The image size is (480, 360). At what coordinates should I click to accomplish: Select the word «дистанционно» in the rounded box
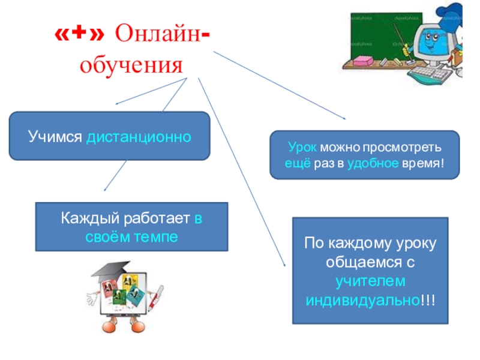tap(139, 137)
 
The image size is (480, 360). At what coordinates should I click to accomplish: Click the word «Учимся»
tap(55, 137)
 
